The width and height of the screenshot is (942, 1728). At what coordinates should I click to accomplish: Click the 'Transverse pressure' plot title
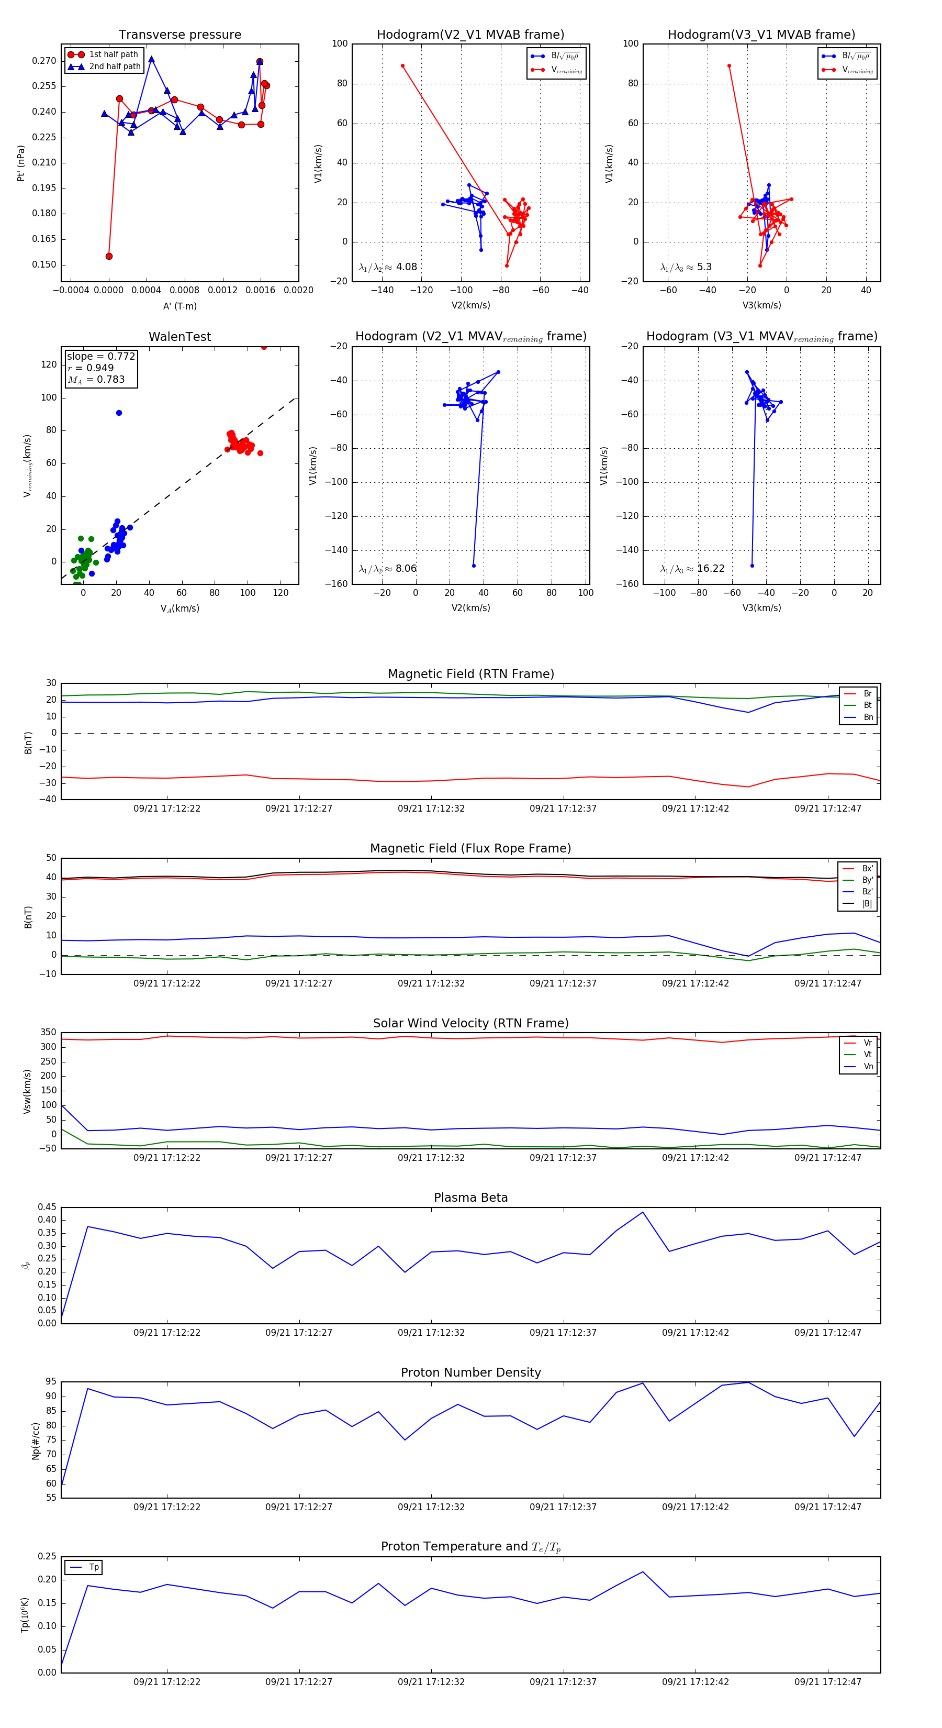[180, 35]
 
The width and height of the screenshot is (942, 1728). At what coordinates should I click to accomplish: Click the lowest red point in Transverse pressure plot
[109, 256]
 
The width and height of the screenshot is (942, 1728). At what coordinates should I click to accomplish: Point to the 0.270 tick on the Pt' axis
[44, 61]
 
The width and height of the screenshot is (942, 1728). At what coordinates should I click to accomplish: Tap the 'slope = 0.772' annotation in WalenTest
[100, 356]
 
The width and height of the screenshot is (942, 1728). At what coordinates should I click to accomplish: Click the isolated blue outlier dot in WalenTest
[119, 413]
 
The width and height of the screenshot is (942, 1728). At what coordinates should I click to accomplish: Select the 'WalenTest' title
[180, 337]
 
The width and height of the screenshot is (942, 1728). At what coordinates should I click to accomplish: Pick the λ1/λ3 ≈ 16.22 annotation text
[692, 569]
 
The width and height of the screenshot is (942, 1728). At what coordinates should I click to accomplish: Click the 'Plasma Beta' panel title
[470, 1198]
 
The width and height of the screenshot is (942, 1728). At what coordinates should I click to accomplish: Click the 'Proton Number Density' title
[470, 1372]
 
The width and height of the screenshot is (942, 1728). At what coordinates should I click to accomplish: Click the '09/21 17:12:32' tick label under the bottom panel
[431, 1682]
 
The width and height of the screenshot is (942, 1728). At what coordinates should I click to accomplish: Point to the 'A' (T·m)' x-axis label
[180, 306]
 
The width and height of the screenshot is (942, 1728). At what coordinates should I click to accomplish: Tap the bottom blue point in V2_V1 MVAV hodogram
[474, 566]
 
